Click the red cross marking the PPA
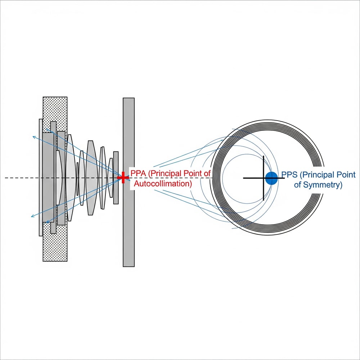tap(123, 177)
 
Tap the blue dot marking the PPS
tap(271, 178)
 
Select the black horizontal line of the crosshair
tap(252, 178)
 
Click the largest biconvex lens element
tap(91, 178)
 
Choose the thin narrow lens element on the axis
tap(77, 178)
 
